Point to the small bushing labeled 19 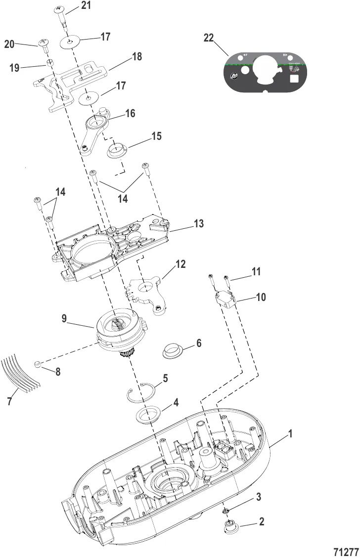(x=50, y=63)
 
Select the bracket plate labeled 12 (x=147, y=292)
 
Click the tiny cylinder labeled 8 (x=37, y=365)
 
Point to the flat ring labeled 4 (x=148, y=415)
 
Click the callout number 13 (x=198, y=224)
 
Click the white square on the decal (x=294, y=78)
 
